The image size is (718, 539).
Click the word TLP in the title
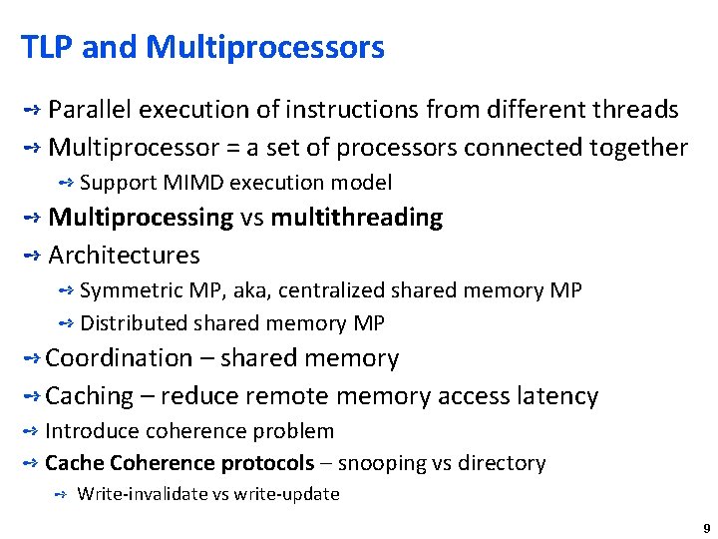[x=46, y=47]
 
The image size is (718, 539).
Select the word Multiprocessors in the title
[x=264, y=47]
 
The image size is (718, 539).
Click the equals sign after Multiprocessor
[x=234, y=149]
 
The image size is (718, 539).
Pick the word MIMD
[x=188, y=183]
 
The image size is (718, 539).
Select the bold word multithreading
[x=356, y=218]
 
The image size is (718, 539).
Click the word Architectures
[x=124, y=256]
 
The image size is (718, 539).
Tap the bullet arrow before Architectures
[x=30, y=256]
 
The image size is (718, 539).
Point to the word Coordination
[x=119, y=358]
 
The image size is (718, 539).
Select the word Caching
[x=90, y=396]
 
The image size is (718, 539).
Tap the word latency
[x=556, y=396]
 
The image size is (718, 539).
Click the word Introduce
[x=92, y=431]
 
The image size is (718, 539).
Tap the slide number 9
[x=706, y=528]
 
